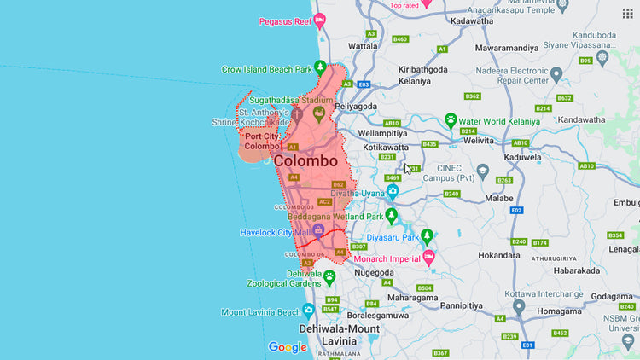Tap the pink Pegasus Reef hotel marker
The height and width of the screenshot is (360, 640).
coord(320,20)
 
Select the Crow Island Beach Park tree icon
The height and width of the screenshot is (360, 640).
coord(320,68)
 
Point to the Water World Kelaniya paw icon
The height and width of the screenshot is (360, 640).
coord(451,120)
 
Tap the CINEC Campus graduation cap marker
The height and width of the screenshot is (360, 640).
coord(483,170)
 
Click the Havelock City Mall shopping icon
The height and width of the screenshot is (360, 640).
coord(318,231)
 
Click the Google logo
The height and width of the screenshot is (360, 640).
coord(288,347)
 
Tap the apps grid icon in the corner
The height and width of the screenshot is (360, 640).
coord(627,13)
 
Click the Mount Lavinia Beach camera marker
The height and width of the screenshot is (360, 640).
coord(308,311)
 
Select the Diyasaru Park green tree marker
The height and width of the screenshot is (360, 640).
coord(428,236)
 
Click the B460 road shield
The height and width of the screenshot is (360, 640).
coord(400,39)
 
